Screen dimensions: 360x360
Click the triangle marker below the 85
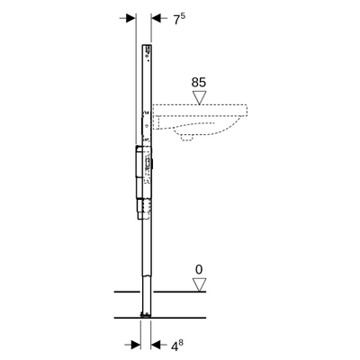tap(200, 98)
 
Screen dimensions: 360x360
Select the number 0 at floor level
tap(200, 268)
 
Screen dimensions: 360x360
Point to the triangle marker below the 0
tap(200, 284)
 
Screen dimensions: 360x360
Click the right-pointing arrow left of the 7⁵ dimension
tap(130, 18)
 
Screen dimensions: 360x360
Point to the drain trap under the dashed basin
tap(188, 136)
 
